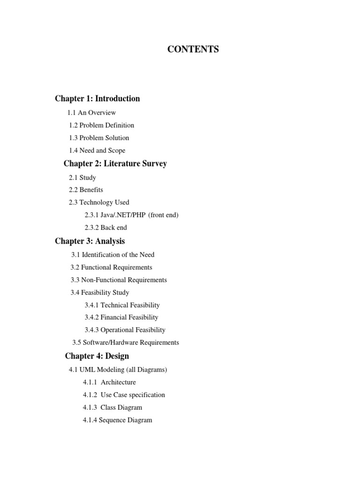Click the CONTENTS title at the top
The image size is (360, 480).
(x=193, y=49)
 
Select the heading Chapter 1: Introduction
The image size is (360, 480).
(x=97, y=98)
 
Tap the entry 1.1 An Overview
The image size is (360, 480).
(x=91, y=112)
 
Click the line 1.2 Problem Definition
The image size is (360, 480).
(x=101, y=125)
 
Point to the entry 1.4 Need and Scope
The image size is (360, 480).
(x=97, y=150)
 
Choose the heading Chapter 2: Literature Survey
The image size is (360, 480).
(x=115, y=164)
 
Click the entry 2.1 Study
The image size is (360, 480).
(x=82, y=178)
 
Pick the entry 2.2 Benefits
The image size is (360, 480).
(x=86, y=190)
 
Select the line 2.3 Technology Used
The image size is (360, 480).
(x=99, y=202)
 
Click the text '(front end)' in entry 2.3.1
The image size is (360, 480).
(x=163, y=215)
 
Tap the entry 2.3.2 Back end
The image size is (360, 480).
(x=105, y=228)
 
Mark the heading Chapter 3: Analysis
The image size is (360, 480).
(x=90, y=241)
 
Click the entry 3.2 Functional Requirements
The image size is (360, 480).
(x=111, y=267)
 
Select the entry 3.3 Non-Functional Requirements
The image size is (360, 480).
(x=119, y=280)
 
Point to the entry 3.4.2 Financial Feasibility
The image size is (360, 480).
(x=121, y=317)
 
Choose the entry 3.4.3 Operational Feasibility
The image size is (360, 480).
(x=125, y=330)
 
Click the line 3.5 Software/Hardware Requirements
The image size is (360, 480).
(x=126, y=343)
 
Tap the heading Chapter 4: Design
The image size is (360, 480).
(x=97, y=356)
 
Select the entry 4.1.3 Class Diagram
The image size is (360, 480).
(x=112, y=407)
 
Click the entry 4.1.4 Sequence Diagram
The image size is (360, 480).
(x=118, y=420)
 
